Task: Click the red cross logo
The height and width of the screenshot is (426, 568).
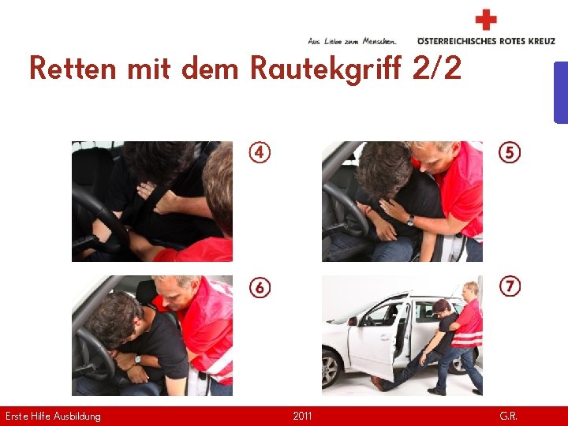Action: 487,20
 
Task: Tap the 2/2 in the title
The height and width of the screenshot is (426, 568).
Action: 436,69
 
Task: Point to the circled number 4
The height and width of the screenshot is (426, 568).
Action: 260,152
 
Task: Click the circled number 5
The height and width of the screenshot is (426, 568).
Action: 510,152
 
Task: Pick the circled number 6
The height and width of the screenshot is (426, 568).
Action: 260,287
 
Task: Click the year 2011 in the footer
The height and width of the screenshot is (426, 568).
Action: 302,416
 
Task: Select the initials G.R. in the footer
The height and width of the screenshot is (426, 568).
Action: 509,416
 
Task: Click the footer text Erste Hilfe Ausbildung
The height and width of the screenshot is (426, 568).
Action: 53,416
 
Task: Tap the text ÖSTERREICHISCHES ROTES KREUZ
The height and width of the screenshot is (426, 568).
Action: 486,41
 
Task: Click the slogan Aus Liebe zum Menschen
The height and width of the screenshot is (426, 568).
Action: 352,41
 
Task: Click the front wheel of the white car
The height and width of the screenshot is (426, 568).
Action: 333,368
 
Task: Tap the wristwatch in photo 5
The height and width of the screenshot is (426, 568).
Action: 410,220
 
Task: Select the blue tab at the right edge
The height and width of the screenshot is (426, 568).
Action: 561,92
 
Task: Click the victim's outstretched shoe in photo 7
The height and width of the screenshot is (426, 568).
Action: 380,384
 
